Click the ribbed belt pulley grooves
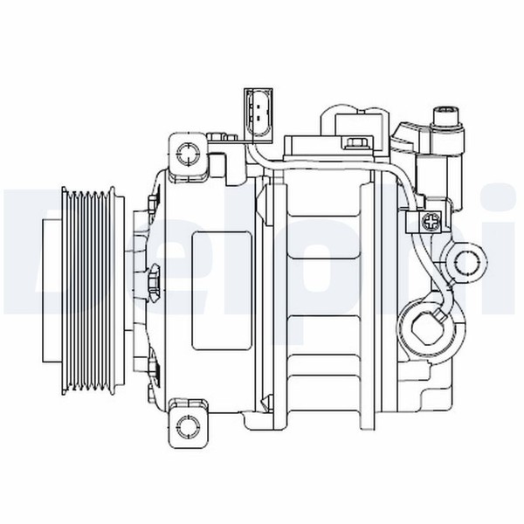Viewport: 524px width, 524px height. (x=89, y=290)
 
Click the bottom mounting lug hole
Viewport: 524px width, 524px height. (x=189, y=427)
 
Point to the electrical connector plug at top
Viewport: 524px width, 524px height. (x=259, y=115)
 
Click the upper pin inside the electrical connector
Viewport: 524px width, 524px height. (x=259, y=107)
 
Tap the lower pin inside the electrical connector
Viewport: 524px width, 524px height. (x=259, y=117)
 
